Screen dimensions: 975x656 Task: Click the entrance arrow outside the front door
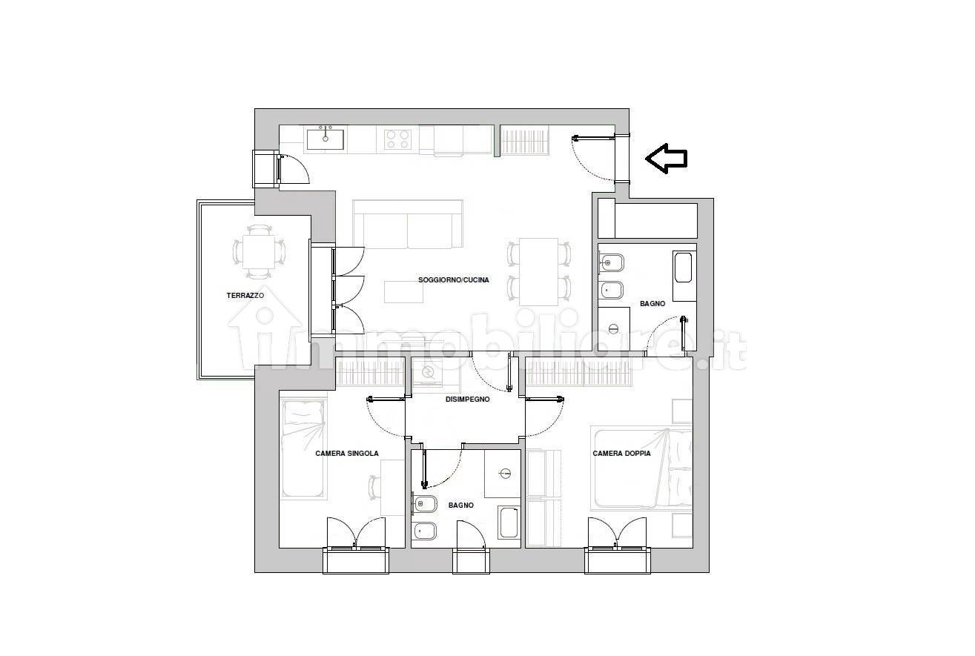point(666,159)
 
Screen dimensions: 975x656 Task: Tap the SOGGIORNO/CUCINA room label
point(454,280)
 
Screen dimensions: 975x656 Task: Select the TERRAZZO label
point(245,295)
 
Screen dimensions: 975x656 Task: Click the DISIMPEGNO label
point(467,400)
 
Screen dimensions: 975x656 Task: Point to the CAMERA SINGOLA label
point(347,454)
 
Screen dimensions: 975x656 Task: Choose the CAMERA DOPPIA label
point(621,454)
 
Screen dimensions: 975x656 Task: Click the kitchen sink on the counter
point(325,139)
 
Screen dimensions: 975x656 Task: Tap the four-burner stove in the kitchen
point(397,139)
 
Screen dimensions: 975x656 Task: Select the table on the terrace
point(259,252)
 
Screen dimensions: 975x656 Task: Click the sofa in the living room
point(408,224)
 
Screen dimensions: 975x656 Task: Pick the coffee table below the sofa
point(403,292)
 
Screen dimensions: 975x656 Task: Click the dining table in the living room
point(538,272)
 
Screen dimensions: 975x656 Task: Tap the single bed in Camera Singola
point(303,448)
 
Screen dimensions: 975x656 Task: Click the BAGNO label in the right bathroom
point(652,304)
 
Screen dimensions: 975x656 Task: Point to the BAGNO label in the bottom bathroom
point(461,506)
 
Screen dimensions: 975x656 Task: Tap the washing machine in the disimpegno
point(429,372)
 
